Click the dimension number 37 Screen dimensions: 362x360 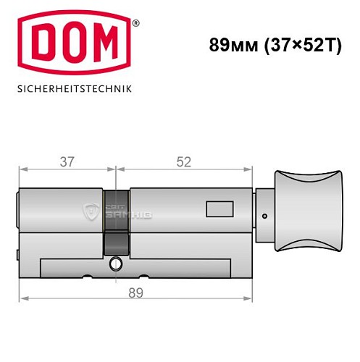(x=66, y=161)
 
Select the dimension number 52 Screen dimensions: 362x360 (x=183, y=161)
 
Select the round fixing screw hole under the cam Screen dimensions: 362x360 (x=115, y=266)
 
